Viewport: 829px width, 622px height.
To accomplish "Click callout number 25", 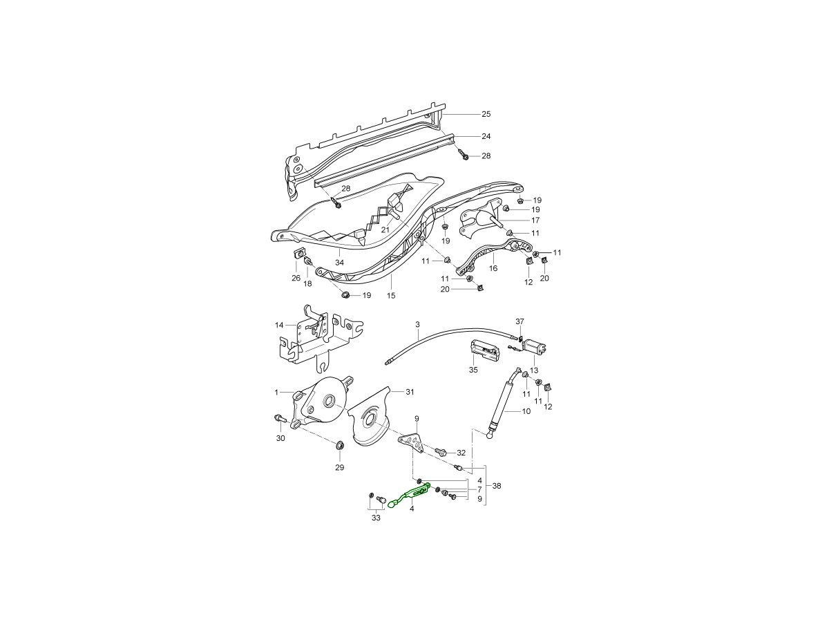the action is click(x=486, y=114).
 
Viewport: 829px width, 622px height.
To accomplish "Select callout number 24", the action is click(x=486, y=136).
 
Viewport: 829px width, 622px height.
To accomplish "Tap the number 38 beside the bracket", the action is click(x=497, y=486).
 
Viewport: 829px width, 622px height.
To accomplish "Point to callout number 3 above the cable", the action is click(x=417, y=324).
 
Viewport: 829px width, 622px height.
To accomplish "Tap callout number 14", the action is click(x=279, y=325).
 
